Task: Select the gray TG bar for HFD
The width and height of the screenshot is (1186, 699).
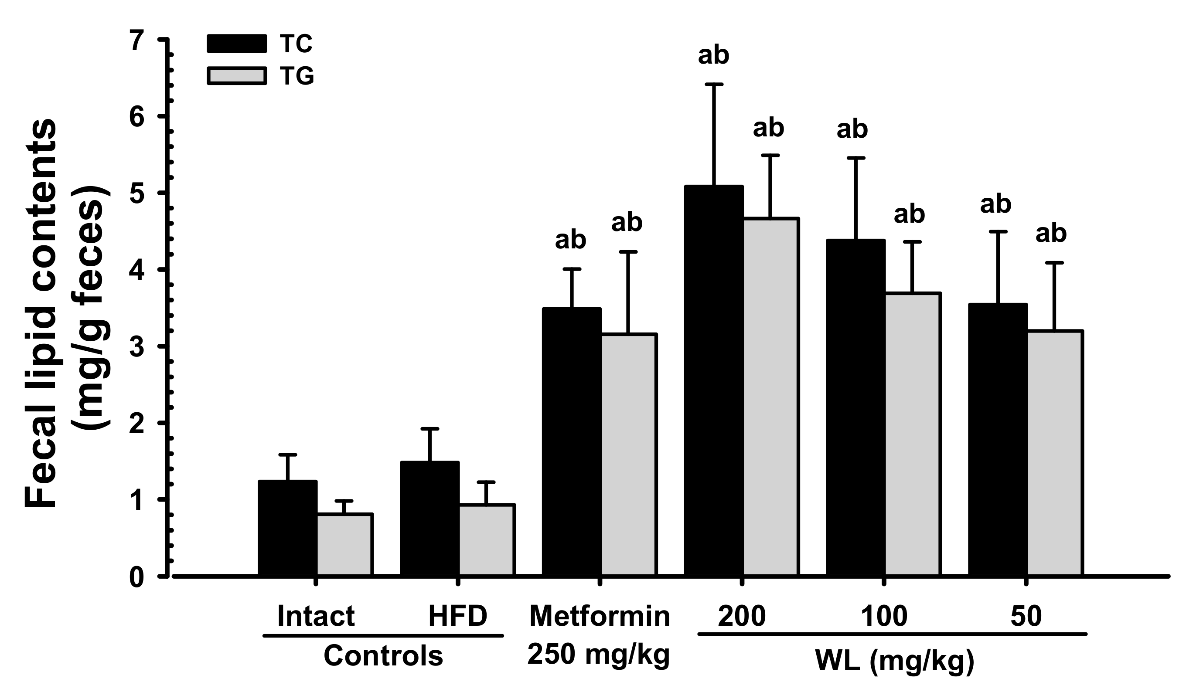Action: (487, 540)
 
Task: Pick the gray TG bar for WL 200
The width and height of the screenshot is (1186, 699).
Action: (770, 397)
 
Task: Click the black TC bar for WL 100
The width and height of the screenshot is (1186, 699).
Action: (855, 407)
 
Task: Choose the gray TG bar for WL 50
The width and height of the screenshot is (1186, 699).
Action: (1055, 453)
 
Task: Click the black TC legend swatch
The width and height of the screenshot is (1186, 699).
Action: (236, 44)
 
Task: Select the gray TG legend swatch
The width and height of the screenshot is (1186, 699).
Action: (236, 76)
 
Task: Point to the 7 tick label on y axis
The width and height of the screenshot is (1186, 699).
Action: (136, 41)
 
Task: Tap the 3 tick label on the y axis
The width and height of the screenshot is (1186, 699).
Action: (136, 347)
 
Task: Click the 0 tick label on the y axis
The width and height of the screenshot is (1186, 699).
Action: (136, 577)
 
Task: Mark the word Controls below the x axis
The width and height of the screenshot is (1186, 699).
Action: (383, 656)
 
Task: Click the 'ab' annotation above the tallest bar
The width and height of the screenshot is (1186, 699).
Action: (713, 56)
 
